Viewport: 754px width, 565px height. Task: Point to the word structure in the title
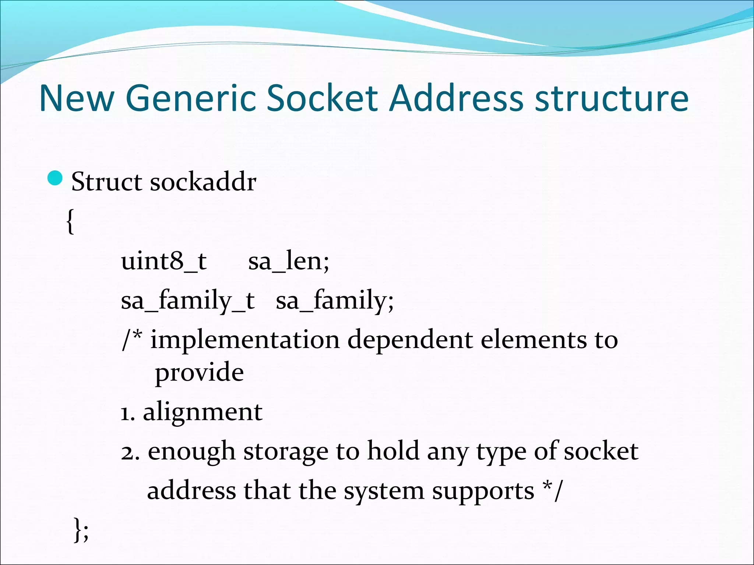coord(611,99)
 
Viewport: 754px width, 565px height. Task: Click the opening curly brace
coord(70,221)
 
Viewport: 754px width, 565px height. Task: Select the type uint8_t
coord(163,261)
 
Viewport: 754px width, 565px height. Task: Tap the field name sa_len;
coord(289,261)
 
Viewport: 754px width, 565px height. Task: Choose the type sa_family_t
coord(188,301)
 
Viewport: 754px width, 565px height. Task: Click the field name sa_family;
coord(335,301)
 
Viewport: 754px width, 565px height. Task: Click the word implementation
coord(245,340)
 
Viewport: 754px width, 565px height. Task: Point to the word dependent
coord(410,340)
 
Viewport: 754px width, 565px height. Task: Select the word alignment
coord(202,412)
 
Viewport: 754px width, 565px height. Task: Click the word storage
coord(286,452)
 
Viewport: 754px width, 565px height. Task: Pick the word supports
coord(483,491)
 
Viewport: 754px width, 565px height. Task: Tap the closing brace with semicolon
coord(81,529)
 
